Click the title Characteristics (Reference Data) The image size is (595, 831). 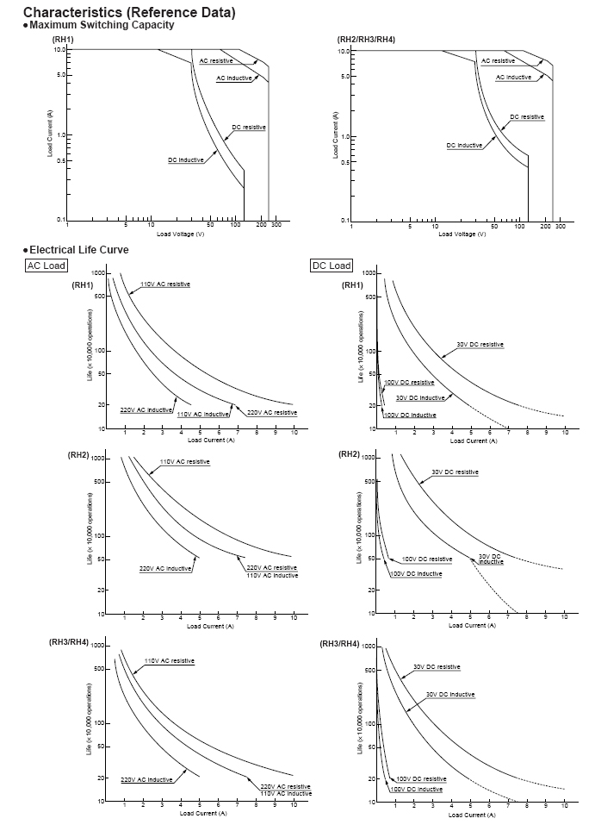pos(128,12)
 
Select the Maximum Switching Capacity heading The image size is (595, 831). pos(102,25)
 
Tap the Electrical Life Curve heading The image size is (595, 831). pos(78,250)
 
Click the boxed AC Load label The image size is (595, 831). pos(46,266)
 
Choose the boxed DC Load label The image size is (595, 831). pos(331,266)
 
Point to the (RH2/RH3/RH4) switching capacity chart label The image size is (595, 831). pos(366,41)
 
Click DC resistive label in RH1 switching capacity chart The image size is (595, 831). pos(249,128)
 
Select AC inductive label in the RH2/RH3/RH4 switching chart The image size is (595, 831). pos(513,78)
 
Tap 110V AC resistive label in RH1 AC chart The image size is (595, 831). pos(165,284)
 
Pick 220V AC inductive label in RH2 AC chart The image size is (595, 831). pos(165,569)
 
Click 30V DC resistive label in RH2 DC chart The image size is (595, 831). pos(455,472)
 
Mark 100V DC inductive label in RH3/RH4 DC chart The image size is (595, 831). pos(417,789)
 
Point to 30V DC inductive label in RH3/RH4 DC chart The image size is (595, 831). pos(450,694)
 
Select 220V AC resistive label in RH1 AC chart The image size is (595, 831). pos(272,413)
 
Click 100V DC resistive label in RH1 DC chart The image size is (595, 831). pos(409,382)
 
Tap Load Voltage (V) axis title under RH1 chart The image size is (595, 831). pos(181,234)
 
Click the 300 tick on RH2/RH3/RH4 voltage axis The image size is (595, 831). pos(560,227)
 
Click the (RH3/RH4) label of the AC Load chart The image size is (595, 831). pos(69,643)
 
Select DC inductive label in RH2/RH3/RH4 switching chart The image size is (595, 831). pos(464,145)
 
